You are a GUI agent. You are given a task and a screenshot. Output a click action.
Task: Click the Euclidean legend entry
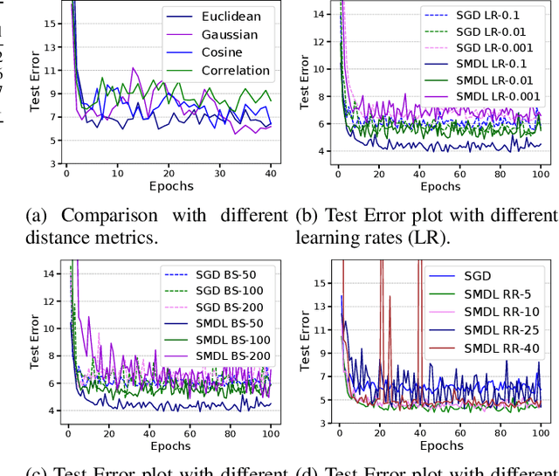point(231,17)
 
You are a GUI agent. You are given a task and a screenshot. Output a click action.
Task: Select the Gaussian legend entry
point(230,35)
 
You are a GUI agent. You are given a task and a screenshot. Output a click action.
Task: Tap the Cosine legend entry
point(222,52)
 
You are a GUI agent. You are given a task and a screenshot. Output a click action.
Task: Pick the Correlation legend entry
point(236,71)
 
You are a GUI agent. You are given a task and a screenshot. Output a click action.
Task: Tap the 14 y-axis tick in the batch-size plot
point(51,274)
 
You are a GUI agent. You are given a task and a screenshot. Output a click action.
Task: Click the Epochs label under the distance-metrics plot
point(169,187)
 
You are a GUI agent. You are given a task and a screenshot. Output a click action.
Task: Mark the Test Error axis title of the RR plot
point(307,341)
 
